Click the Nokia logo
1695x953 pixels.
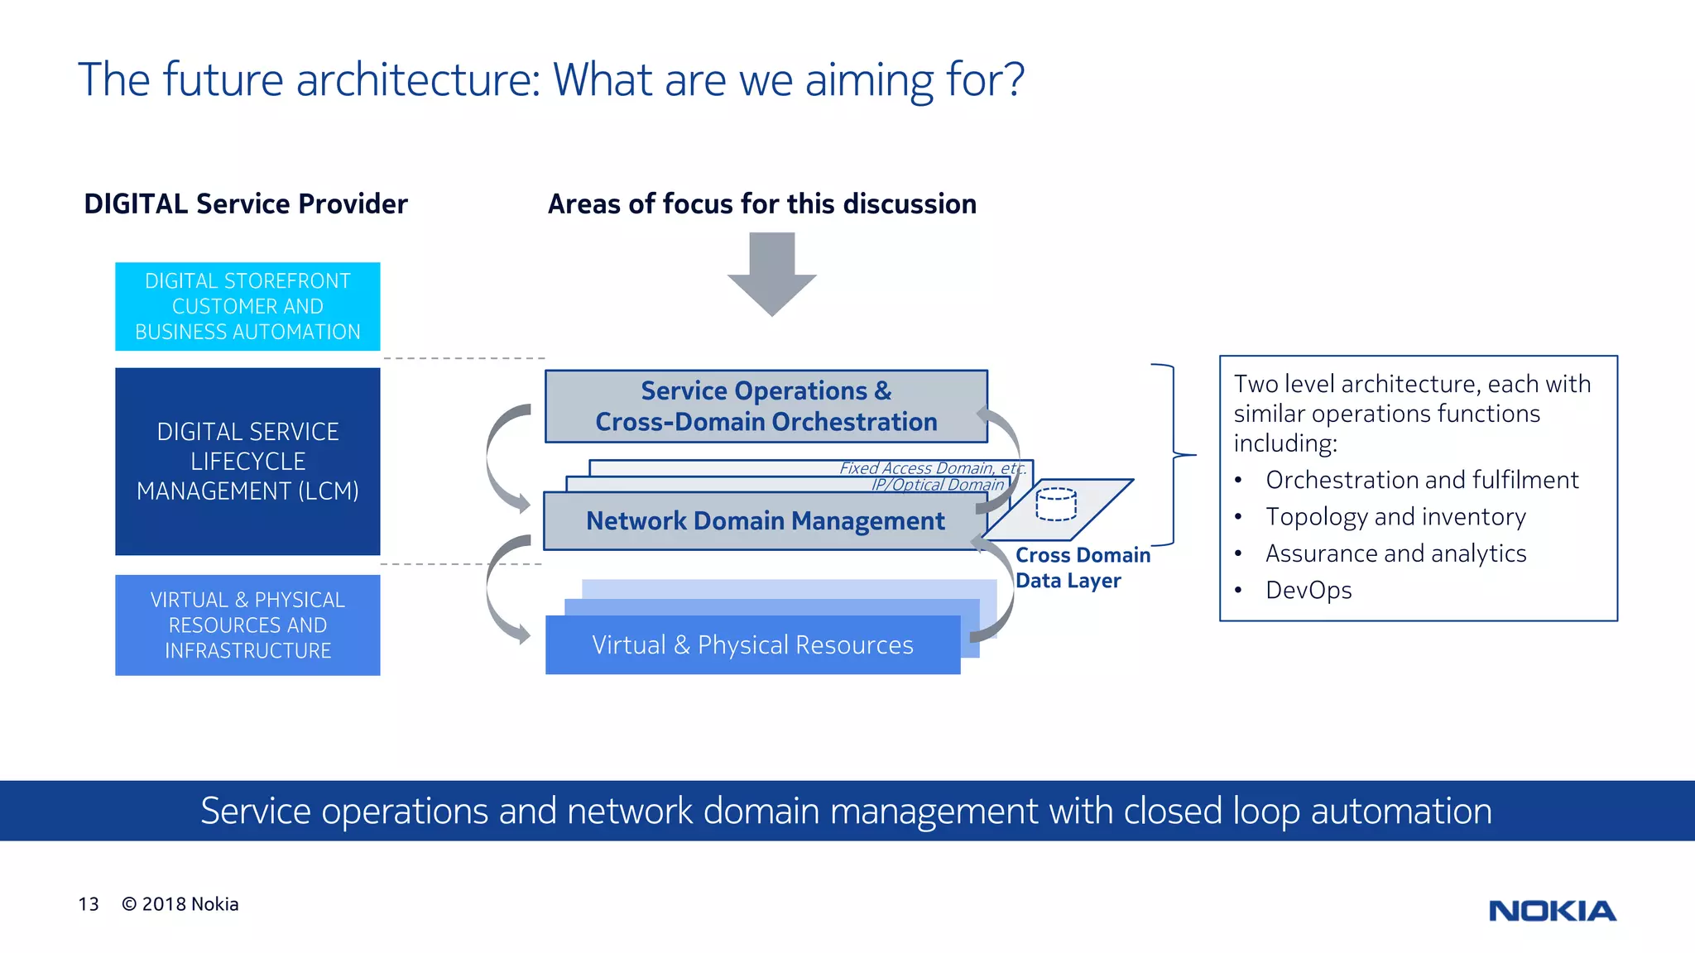(1552, 911)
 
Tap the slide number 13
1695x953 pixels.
(89, 904)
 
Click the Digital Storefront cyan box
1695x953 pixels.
(247, 306)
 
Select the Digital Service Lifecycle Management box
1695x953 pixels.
(247, 461)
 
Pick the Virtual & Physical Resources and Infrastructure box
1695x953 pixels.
(247, 625)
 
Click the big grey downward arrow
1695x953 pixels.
(771, 273)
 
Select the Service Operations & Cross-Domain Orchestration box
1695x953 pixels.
(766, 406)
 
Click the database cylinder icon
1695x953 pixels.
(1056, 504)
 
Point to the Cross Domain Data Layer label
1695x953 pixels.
(1082, 567)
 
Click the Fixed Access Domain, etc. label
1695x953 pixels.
(932, 468)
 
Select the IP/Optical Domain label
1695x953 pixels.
(937, 485)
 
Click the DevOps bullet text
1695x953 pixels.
(1308, 590)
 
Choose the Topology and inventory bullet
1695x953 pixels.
(1395, 516)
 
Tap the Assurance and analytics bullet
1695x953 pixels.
(1395, 553)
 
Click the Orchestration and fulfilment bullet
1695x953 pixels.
(1421, 480)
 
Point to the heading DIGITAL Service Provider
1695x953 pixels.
(246, 204)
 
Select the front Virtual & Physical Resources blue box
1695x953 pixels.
(752, 645)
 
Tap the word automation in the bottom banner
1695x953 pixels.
(1400, 811)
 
